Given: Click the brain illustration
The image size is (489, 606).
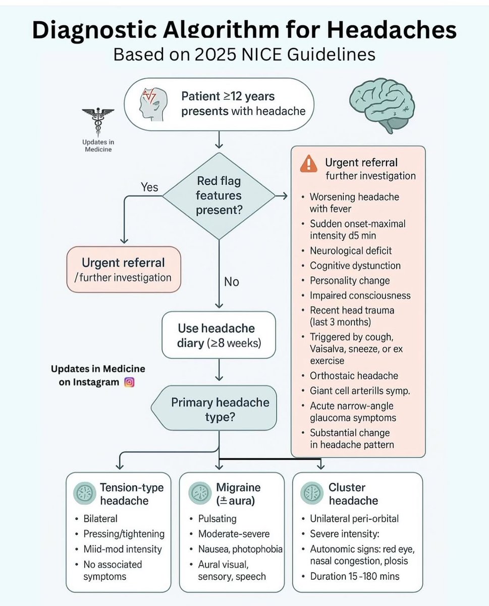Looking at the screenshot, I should [382, 104].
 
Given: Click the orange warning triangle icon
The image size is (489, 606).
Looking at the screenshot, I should [308, 164].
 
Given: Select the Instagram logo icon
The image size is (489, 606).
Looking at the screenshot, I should [129, 382].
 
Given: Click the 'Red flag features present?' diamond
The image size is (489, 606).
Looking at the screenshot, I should [219, 195].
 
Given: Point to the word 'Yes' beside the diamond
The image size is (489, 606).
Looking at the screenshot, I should [149, 187].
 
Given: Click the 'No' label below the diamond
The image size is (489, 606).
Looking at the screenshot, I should [231, 282].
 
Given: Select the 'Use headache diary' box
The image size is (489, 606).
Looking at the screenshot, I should [219, 335].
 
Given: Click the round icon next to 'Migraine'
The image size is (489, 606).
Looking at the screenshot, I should [199, 493].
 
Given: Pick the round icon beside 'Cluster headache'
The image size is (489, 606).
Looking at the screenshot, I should [311, 493].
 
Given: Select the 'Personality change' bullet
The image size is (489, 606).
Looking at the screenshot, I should [349, 280].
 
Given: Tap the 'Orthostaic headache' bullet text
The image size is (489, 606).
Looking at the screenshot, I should [354, 376].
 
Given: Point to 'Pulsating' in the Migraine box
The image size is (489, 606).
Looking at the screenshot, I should [217, 519].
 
